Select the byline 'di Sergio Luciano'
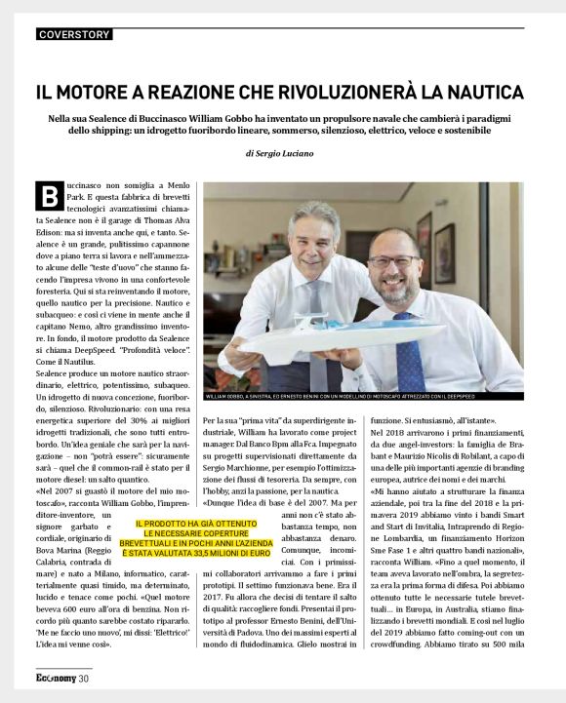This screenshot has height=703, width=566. coord(282,154)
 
